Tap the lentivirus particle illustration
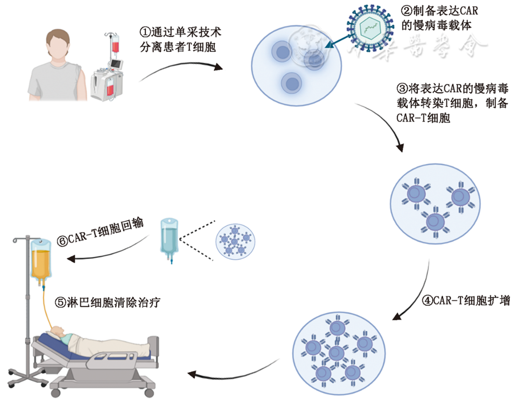[370, 27]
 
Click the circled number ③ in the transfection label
[400, 88]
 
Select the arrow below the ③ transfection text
[386, 126]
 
